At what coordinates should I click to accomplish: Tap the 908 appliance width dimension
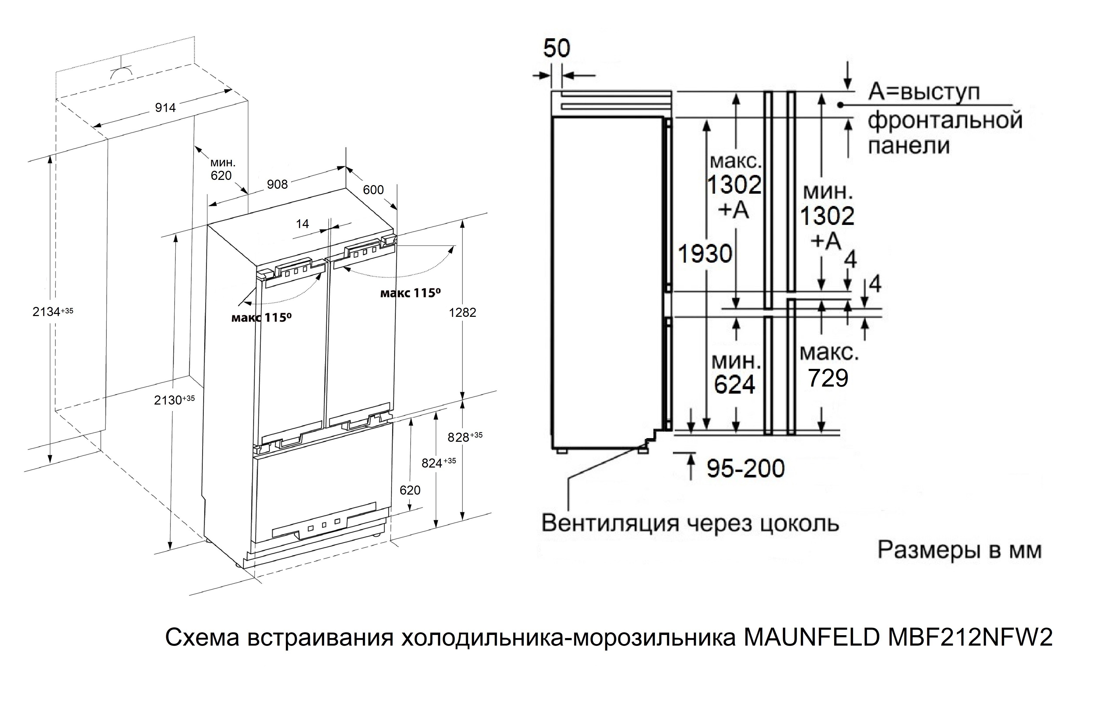tap(277, 184)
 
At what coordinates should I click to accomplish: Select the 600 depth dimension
tap(373, 190)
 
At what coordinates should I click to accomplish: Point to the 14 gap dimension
tap(302, 224)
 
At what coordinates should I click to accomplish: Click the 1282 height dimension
tap(462, 313)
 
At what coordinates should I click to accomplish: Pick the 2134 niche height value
tap(47, 312)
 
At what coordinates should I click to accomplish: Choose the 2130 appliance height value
tap(168, 400)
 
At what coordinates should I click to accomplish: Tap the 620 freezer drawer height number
tap(410, 490)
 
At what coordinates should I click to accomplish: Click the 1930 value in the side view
tap(705, 254)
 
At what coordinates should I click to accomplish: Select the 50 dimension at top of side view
tap(557, 48)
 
